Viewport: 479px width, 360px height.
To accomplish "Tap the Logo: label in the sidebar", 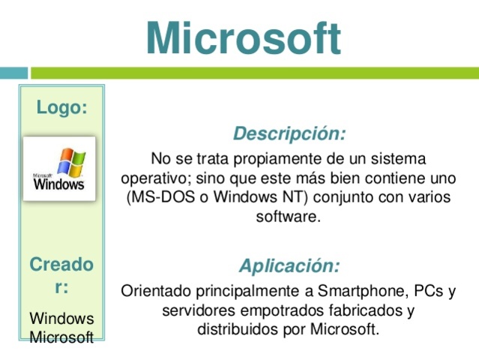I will [61, 108].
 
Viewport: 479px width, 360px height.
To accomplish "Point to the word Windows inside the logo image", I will [59, 183].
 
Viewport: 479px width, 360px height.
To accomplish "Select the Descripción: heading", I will [289, 133].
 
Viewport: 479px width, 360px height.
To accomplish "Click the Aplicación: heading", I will [289, 265].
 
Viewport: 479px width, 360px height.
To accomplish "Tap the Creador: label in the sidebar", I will [61, 275].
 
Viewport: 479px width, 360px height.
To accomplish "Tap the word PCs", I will [427, 290].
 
